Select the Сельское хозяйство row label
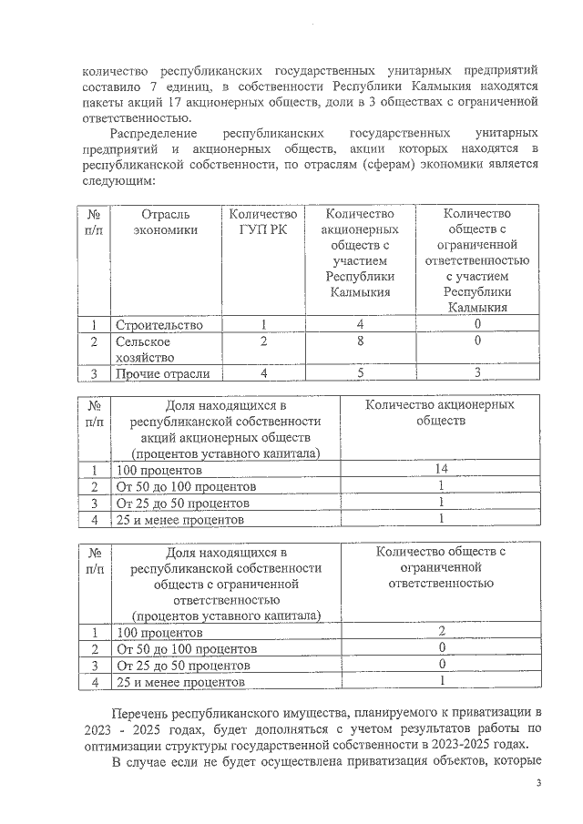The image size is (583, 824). click(146, 350)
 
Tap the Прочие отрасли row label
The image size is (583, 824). click(162, 373)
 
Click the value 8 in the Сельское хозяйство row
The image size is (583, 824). click(361, 341)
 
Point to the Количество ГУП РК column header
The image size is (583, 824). click(263, 221)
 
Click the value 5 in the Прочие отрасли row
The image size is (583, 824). click(361, 373)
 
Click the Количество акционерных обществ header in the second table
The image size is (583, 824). click(440, 412)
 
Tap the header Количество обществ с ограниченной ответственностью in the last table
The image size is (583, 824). click(440, 567)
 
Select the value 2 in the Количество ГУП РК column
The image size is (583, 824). click(263, 341)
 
